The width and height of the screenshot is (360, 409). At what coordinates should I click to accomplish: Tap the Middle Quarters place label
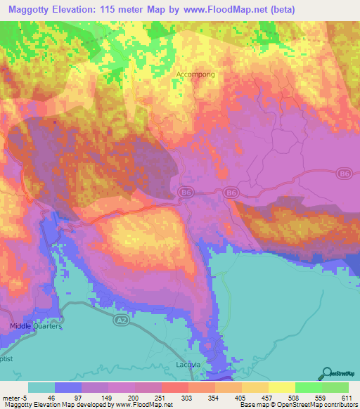(36, 327)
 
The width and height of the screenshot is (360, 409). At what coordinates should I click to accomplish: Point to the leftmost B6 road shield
(186, 191)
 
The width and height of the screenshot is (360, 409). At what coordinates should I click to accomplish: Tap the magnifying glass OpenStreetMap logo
(326, 372)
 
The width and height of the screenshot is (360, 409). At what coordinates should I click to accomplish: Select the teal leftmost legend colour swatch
(41, 387)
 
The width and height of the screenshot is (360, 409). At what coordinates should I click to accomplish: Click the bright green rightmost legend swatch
(335, 387)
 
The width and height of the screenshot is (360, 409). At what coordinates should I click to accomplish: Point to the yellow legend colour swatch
(281, 387)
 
